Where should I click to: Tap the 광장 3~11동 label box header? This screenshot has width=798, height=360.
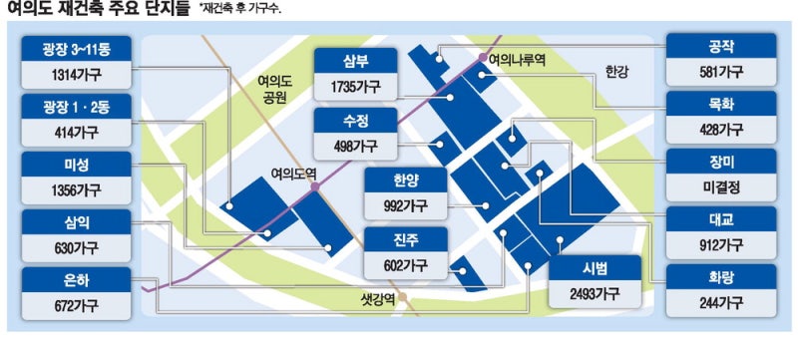tap(75, 47)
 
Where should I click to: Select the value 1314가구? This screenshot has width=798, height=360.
tap(75, 73)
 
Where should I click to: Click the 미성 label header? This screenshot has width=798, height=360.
tap(75, 163)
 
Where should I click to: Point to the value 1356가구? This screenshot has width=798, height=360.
tap(75, 188)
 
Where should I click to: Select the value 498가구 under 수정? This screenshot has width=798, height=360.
tap(354, 146)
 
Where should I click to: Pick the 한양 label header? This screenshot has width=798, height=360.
tap(404, 180)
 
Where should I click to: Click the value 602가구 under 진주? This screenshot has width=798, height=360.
tap(404, 265)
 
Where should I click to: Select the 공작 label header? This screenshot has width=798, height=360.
tap(720, 46)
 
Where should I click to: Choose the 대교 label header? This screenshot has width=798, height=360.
tap(720, 219)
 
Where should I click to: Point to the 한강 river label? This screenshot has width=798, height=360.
tap(618, 72)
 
